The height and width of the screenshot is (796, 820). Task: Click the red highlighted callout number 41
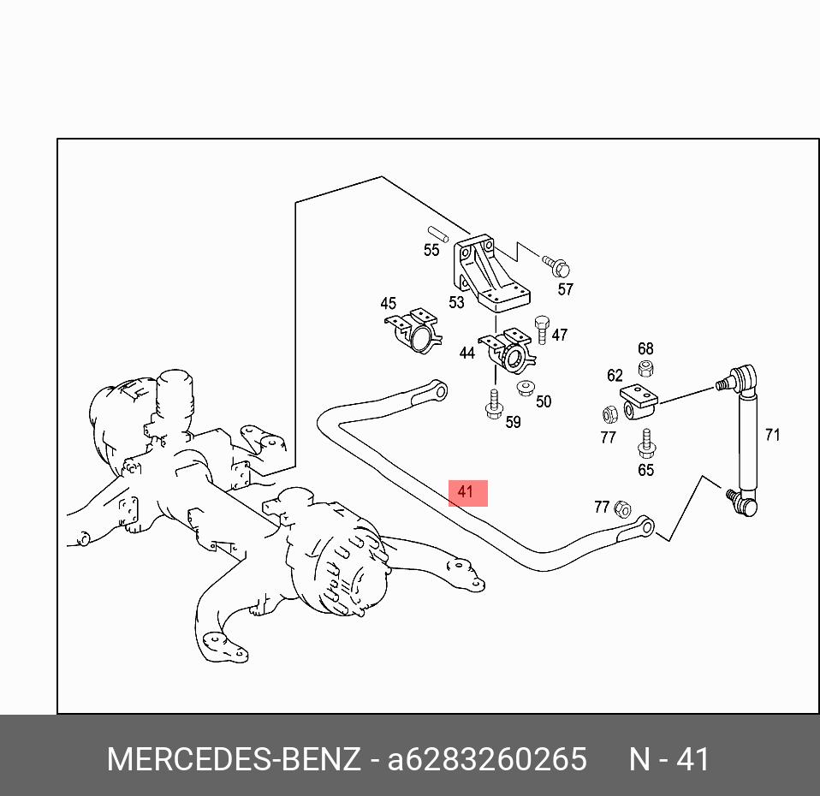(465, 492)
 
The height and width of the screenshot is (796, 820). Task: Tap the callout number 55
(431, 251)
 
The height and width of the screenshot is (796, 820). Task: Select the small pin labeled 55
(437, 234)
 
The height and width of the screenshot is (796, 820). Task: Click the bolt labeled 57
(556, 265)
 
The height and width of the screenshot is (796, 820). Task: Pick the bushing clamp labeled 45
(413, 330)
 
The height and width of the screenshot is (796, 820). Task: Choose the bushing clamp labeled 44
(508, 350)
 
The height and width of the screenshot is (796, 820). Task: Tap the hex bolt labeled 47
(542, 330)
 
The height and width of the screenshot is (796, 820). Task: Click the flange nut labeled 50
(525, 388)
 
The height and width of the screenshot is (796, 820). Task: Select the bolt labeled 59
(493, 404)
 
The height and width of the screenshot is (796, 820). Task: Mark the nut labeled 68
(646, 367)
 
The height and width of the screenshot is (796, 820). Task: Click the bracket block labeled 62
(639, 401)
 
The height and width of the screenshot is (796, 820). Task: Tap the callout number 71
(772, 435)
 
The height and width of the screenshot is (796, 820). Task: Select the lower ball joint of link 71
(743, 502)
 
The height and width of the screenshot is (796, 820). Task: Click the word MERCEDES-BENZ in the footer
(234, 759)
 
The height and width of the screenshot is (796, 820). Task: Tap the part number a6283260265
(487, 759)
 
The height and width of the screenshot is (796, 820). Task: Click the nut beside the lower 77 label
(622, 508)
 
